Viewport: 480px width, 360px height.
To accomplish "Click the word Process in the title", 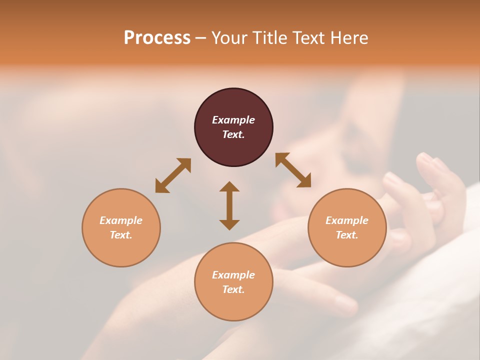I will pos(157,38).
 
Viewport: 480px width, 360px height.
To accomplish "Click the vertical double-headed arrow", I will pos(229,205).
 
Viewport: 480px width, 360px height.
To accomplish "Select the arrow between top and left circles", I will pos(173,175).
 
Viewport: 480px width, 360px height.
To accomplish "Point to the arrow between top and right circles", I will pos(293,170).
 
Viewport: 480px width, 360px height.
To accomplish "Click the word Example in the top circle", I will pos(233,120).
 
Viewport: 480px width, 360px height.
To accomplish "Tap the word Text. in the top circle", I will pos(233,134).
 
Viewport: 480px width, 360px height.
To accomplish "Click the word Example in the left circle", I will pos(121,220).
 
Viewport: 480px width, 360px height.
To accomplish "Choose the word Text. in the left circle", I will pos(121,235).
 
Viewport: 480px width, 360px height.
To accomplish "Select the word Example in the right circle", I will pos(347,220).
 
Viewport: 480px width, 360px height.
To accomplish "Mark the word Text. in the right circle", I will pos(347,235).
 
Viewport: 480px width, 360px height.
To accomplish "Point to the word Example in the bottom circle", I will pos(233,275).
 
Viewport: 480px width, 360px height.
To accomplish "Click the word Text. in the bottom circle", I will pos(233,289).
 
